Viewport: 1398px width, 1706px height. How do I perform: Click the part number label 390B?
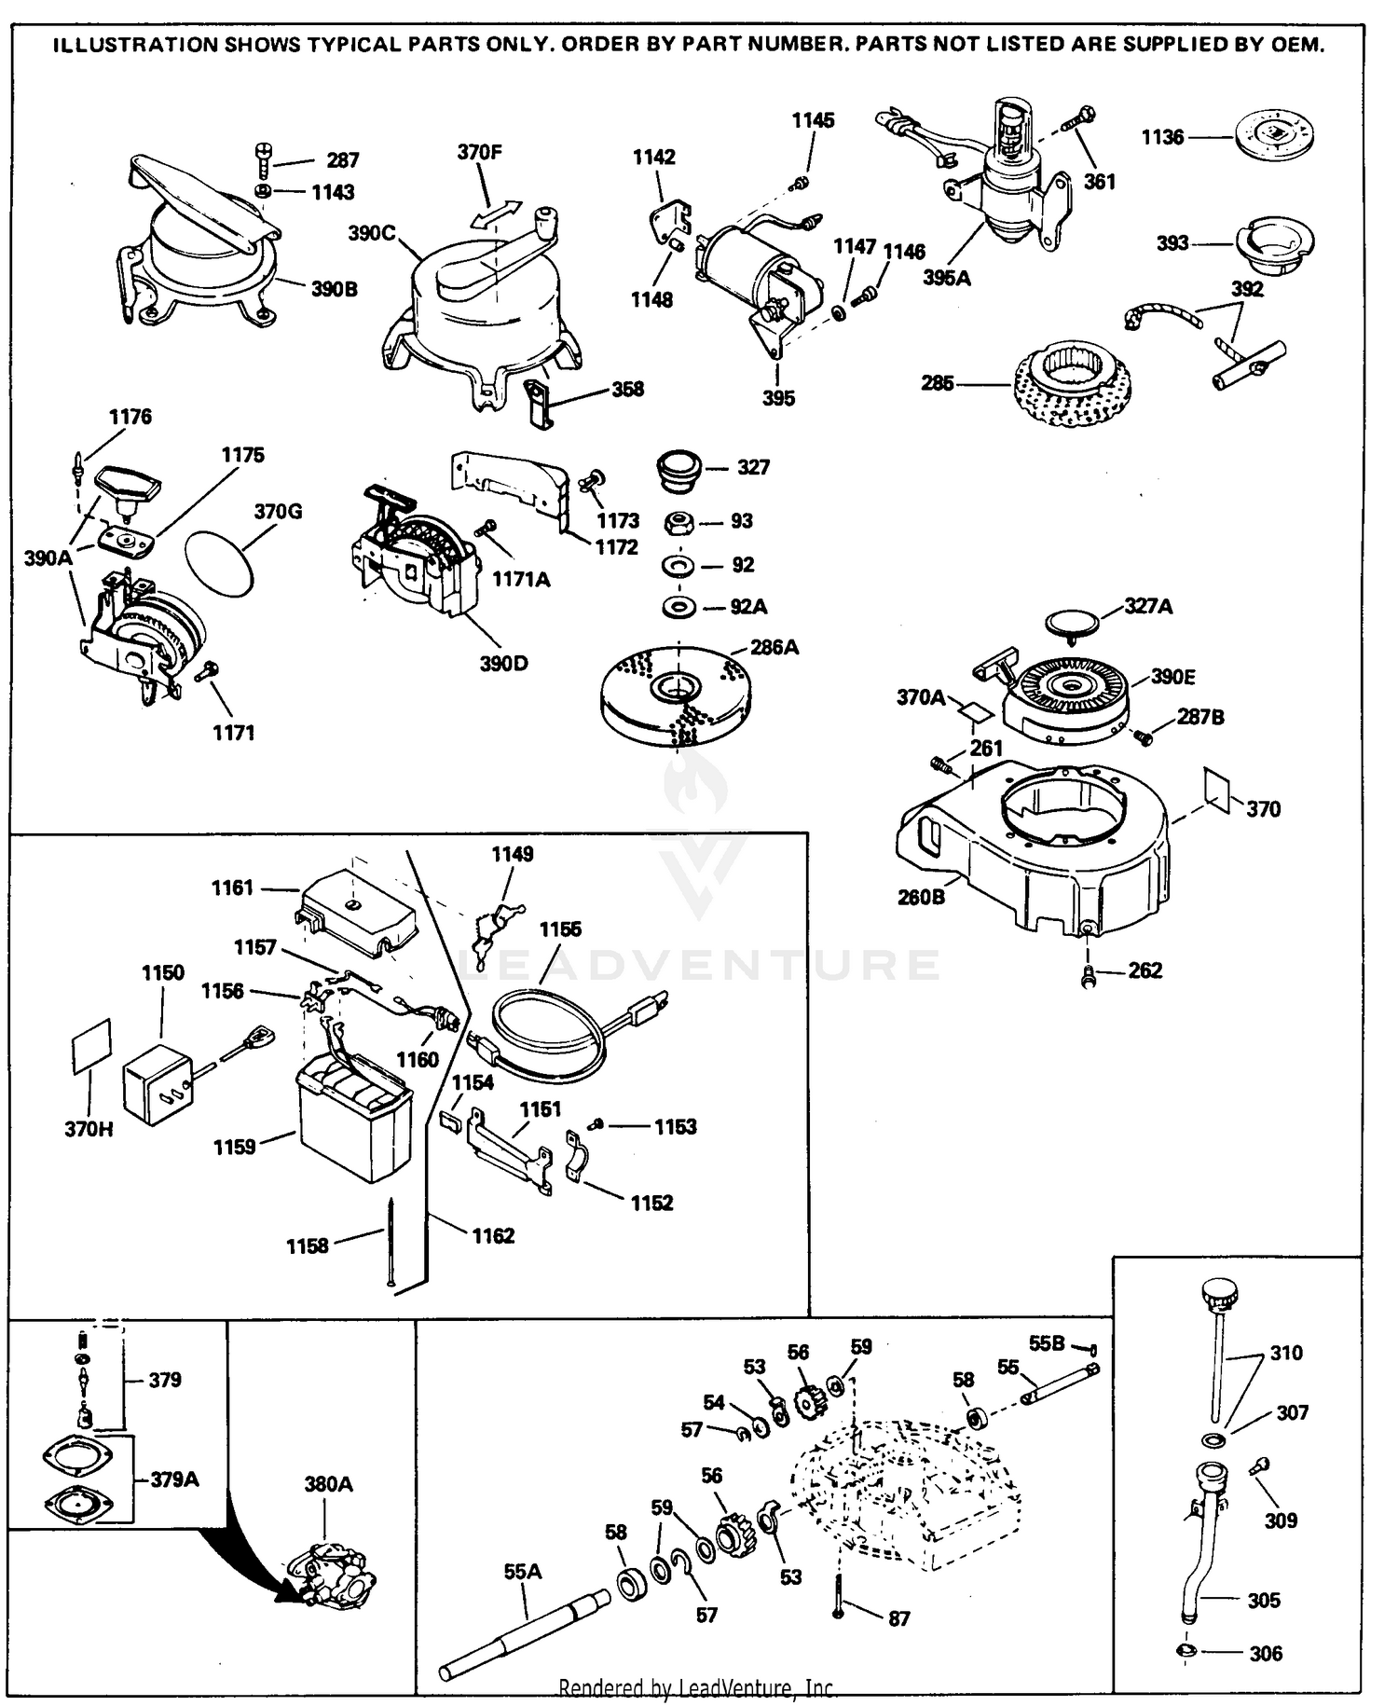334,289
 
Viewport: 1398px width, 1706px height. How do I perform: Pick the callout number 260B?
921,897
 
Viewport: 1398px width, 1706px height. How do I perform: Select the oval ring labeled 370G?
220,560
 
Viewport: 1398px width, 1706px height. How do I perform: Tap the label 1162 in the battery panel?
493,1235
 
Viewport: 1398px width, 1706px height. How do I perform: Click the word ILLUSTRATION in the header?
134,45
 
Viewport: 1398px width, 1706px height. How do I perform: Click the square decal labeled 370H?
91,1046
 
